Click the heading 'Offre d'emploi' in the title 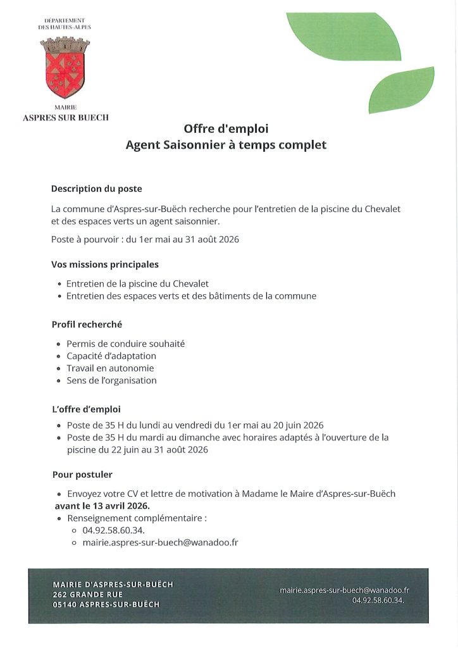pos(226,129)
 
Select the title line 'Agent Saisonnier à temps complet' pos(226,145)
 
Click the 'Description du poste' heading pos(97,189)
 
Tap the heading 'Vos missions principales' pos(105,265)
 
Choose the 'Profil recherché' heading pos(87,325)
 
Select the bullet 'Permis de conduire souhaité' pos(125,344)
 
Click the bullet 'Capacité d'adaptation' pos(111,356)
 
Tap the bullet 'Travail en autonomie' pos(110,368)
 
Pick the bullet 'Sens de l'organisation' pos(111,380)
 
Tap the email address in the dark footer pos(344,590)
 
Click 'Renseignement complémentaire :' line pos(137,518)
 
